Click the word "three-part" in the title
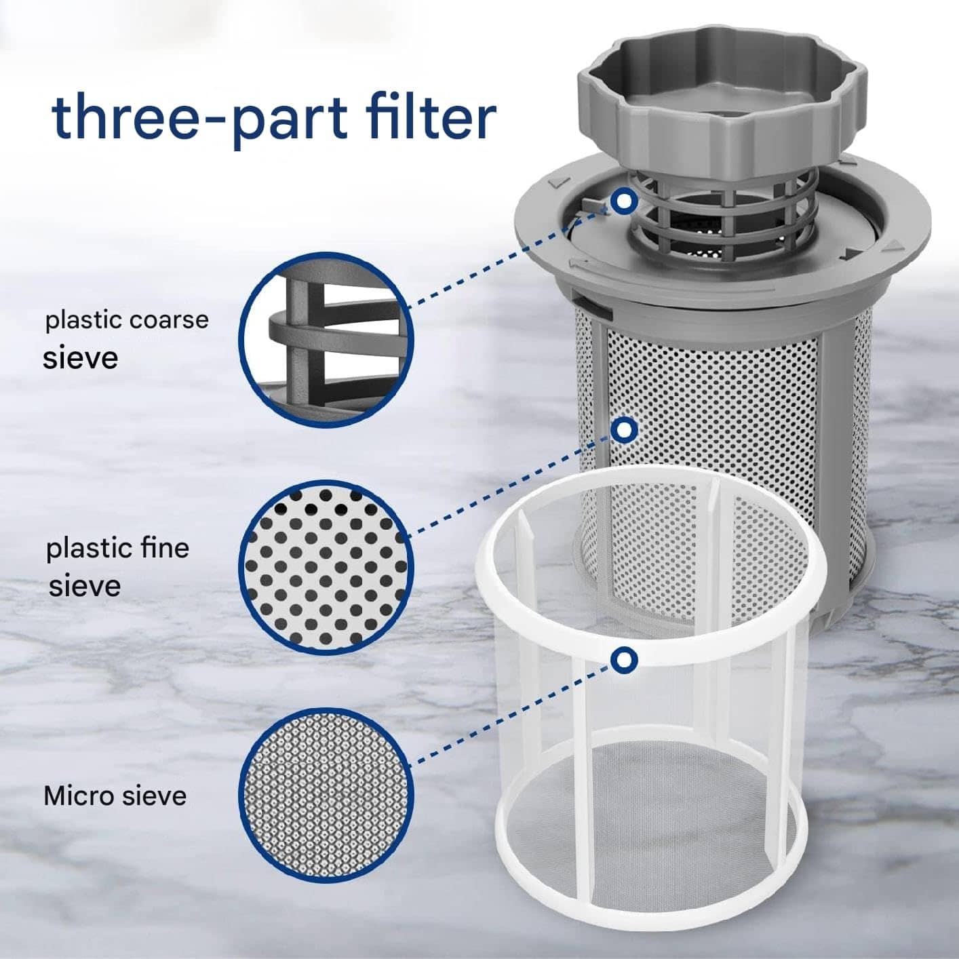200,120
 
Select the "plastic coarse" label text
127,321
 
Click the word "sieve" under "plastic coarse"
80,358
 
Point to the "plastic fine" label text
118,549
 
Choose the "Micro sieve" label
115,796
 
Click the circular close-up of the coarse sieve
324,340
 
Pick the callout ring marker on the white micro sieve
623,661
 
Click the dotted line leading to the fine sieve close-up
509,487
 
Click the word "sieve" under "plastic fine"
85,586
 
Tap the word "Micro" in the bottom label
77,796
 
